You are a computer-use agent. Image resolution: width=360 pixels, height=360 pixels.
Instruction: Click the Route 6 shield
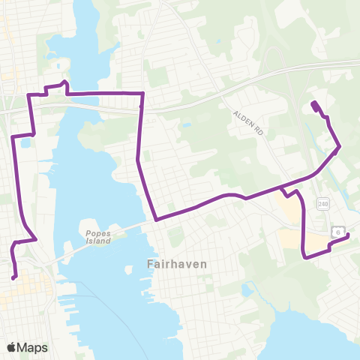point(338,232)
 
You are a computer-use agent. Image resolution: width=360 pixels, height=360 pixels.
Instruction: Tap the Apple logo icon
point(13,347)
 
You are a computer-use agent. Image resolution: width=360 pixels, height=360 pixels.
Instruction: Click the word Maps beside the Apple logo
point(34,347)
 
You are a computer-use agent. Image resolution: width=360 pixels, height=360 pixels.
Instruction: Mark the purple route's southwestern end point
point(14,277)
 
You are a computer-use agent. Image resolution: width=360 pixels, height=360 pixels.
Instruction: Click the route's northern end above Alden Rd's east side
point(313,103)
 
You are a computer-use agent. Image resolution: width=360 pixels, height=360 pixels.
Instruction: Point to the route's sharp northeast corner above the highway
point(142,93)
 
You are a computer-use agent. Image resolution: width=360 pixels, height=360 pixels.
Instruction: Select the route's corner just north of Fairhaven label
point(156,220)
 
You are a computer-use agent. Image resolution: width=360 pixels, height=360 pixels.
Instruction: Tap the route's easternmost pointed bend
point(340,146)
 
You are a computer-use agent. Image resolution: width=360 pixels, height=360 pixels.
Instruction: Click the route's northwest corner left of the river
point(29,95)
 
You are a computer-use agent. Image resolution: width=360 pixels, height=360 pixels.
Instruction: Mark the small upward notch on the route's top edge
point(65,82)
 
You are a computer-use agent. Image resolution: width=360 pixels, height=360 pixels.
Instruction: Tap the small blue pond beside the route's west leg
point(25,142)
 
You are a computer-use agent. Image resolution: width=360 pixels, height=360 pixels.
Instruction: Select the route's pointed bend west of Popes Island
point(36,240)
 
